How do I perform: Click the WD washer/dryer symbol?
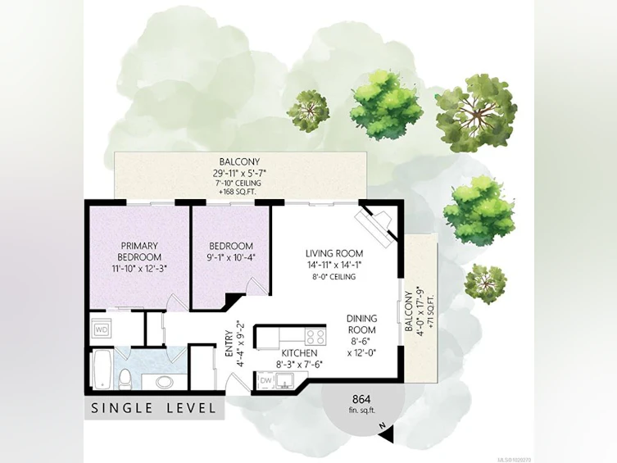(x=102, y=329)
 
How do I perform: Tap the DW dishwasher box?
(x=266, y=380)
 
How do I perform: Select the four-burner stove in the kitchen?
(x=315, y=337)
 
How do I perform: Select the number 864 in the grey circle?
(x=361, y=400)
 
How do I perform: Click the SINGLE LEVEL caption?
(x=154, y=408)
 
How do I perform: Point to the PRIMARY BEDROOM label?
(x=139, y=252)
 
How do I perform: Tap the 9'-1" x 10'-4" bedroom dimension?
(x=231, y=257)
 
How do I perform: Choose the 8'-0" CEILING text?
(x=334, y=276)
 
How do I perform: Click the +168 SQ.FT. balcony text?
(x=239, y=192)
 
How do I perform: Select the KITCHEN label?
(x=299, y=353)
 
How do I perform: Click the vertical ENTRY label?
(x=229, y=344)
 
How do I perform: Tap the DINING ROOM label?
(x=361, y=324)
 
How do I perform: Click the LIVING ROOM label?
(x=334, y=253)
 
